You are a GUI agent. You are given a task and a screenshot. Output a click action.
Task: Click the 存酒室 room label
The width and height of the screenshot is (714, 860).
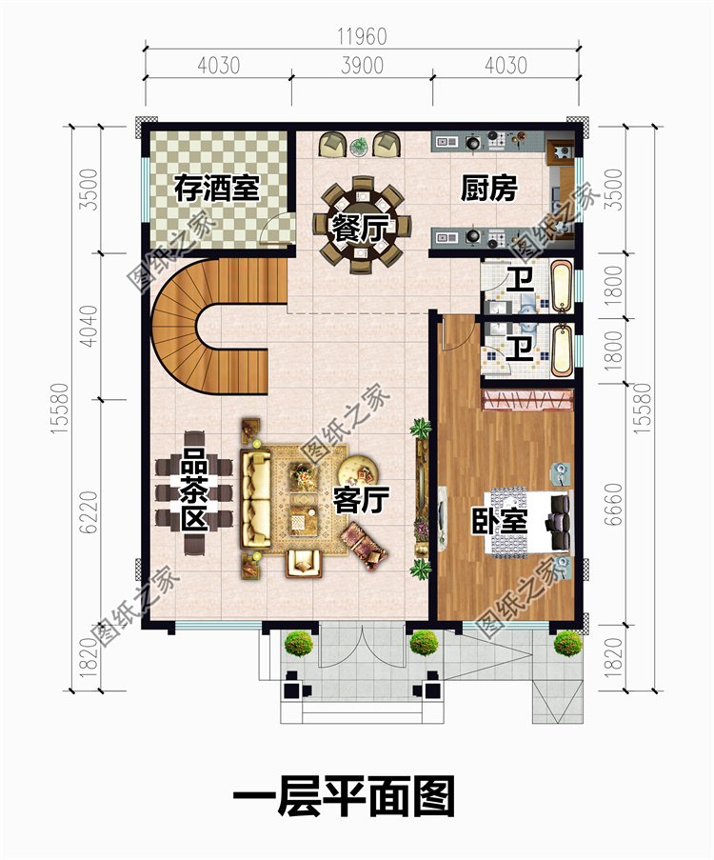pos(216,189)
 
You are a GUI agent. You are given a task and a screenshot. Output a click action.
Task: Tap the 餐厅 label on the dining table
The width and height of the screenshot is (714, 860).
pos(361,229)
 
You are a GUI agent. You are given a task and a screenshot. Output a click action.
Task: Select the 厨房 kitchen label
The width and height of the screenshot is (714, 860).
pos(488,189)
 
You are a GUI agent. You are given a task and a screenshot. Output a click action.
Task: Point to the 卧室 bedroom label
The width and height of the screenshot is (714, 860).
pos(500,521)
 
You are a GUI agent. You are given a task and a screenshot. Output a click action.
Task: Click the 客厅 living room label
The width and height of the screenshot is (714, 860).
pos(362,500)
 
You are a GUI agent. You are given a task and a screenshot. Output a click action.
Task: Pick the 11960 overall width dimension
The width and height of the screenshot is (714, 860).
pos(362,37)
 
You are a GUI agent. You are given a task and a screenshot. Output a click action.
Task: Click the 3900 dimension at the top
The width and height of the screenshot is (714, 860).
pos(362,66)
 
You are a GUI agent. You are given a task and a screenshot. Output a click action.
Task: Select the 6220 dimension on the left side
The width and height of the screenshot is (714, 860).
pos(89,511)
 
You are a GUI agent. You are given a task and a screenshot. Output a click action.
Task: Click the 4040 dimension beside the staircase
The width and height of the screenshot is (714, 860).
pos(89,326)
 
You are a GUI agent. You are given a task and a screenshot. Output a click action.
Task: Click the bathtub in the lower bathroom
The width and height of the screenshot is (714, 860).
pos(561,350)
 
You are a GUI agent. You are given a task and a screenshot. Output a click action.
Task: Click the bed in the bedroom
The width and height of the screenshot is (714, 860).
pos(529,522)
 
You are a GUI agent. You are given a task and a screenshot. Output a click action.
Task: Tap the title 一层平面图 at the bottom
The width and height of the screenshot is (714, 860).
pos(344,796)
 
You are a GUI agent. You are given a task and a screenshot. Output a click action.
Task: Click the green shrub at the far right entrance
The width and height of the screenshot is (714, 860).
pos(567,644)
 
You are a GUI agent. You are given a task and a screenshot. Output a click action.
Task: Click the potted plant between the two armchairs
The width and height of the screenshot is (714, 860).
pos(359,146)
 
